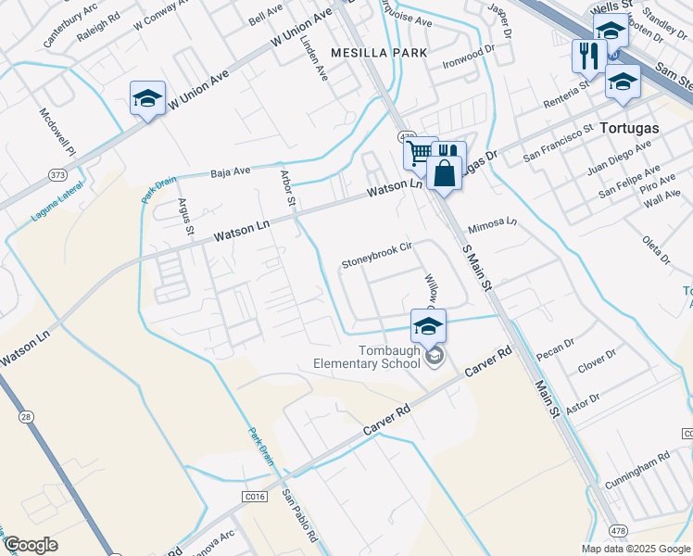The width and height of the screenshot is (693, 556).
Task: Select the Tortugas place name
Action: click(x=629, y=128)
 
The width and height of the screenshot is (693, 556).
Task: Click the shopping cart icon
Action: click(x=420, y=151)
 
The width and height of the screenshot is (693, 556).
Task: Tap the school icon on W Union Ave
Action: click(x=147, y=99)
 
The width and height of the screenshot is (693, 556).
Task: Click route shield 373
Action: click(x=58, y=173)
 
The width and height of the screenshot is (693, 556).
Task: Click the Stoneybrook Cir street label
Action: click(x=376, y=262)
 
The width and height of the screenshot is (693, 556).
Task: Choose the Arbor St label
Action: click(x=288, y=187)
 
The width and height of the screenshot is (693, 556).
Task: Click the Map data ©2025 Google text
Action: click(x=636, y=549)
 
